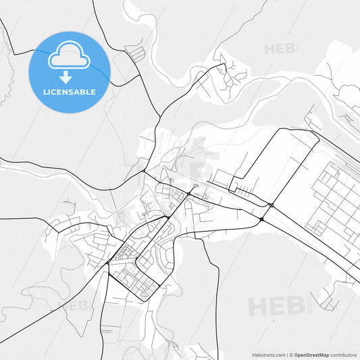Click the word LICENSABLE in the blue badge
pos(70,92)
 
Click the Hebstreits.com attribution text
pos(266,354)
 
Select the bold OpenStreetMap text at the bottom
pos(310,354)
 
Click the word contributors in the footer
pos(343,354)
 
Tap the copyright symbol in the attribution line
pos(292,354)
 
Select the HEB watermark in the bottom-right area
pos(276,307)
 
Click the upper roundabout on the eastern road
pos(271,205)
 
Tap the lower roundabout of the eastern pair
pos(261,220)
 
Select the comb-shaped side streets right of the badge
pos(135,53)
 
